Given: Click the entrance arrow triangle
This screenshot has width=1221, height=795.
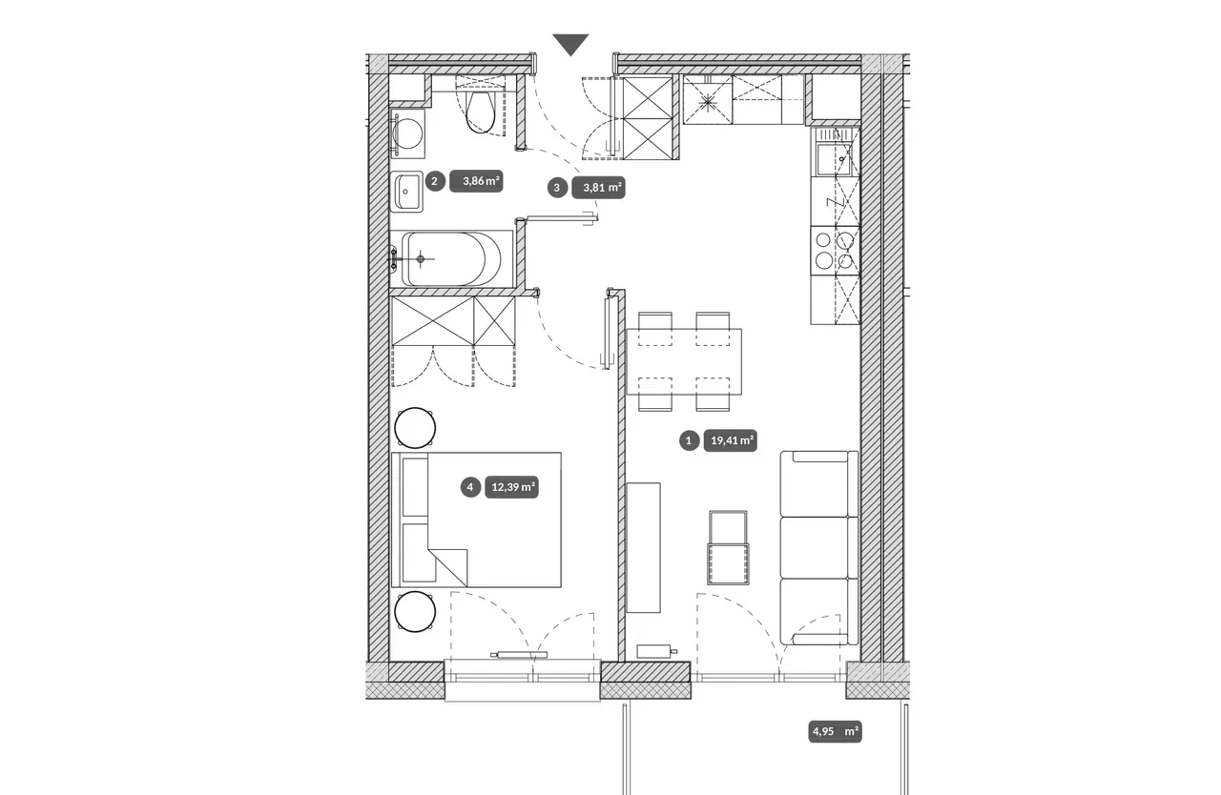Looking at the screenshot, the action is (x=570, y=44).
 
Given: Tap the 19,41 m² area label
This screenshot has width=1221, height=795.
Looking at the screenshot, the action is (x=731, y=440).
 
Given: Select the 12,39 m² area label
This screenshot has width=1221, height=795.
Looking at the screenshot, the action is (x=512, y=487).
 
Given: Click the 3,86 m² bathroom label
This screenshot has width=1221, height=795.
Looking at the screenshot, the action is (x=476, y=181).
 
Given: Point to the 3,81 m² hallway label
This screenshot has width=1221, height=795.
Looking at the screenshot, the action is (x=598, y=188).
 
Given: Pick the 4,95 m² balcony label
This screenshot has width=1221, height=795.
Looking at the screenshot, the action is (x=835, y=731).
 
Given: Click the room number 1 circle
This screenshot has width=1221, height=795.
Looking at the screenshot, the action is (x=689, y=440).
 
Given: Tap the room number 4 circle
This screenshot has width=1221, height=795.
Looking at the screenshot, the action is (x=470, y=487).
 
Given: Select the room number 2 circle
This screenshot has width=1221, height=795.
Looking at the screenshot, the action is (x=434, y=181).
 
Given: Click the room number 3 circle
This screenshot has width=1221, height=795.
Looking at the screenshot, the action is (x=557, y=189).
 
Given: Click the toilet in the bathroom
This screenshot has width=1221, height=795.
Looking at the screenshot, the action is (x=480, y=108).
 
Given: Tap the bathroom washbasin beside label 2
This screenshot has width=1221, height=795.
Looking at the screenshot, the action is (x=406, y=192).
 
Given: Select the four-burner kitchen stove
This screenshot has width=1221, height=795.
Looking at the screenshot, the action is (x=835, y=251).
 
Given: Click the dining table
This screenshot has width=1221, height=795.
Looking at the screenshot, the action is (x=684, y=361).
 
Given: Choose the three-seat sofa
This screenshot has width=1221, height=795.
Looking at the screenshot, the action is (x=818, y=548).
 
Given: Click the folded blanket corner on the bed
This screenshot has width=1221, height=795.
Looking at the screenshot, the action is (x=448, y=567).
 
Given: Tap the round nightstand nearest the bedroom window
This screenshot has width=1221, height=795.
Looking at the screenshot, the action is (x=415, y=611).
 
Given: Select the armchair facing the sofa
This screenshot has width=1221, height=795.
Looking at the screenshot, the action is (x=728, y=547).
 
